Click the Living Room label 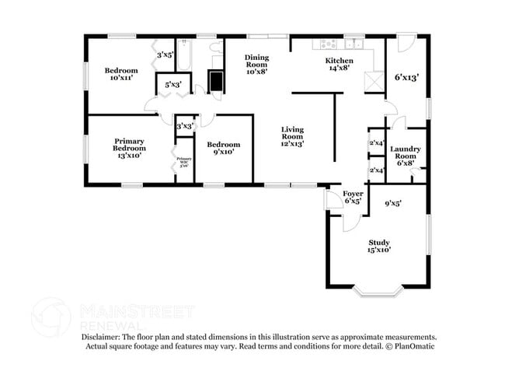pyautogui.click(x=292, y=136)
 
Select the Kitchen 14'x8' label pyautogui.click(x=339, y=64)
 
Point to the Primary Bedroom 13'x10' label pyautogui.click(x=129, y=149)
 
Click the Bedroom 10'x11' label pyautogui.click(x=121, y=74)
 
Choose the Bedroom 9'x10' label pyautogui.click(x=224, y=148)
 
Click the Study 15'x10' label pyautogui.click(x=379, y=246)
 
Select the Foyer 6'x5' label pyautogui.click(x=353, y=196)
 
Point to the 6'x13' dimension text pyautogui.click(x=406, y=77)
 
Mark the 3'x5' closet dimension pyautogui.click(x=165, y=55)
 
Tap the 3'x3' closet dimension pyautogui.click(x=184, y=125)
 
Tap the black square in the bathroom pyautogui.click(x=215, y=81)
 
